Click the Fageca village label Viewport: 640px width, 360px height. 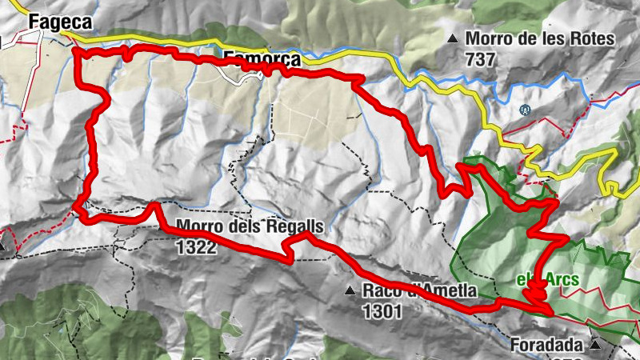pyautogui.click(x=59, y=23)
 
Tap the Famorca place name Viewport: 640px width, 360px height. pyautogui.click(x=262, y=59)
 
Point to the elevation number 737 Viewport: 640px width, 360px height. pyautogui.click(x=480, y=59)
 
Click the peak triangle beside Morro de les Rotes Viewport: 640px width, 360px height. pyautogui.click(x=454, y=38)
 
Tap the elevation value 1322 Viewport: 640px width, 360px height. pyautogui.click(x=195, y=247)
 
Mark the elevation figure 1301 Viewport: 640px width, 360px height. pyautogui.click(x=382, y=310)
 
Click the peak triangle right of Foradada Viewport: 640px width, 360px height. pyautogui.click(x=595, y=346)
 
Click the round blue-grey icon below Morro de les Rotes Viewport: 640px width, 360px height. pyautogui.click(x=524, y=110)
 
